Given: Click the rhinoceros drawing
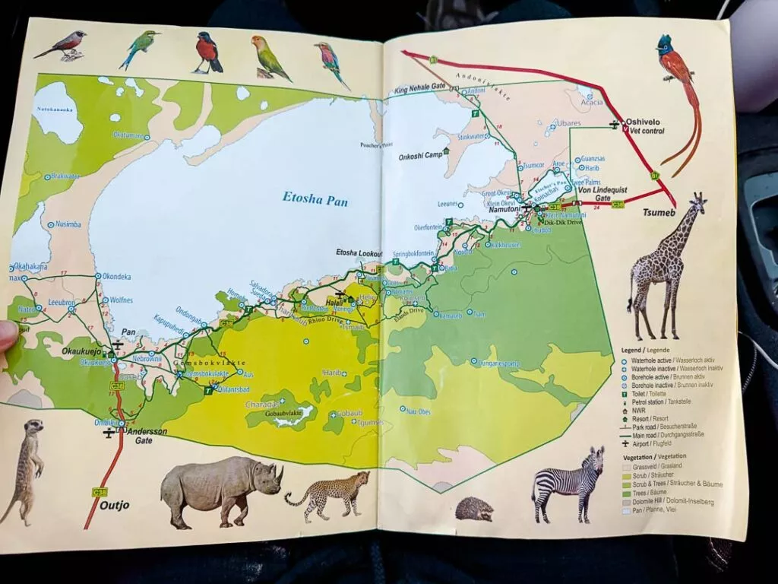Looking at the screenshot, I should point(220,490).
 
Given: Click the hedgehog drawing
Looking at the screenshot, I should point(474,509).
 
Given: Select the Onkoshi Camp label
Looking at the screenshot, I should point(420,156).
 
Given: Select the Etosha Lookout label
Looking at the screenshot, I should point(359,252).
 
